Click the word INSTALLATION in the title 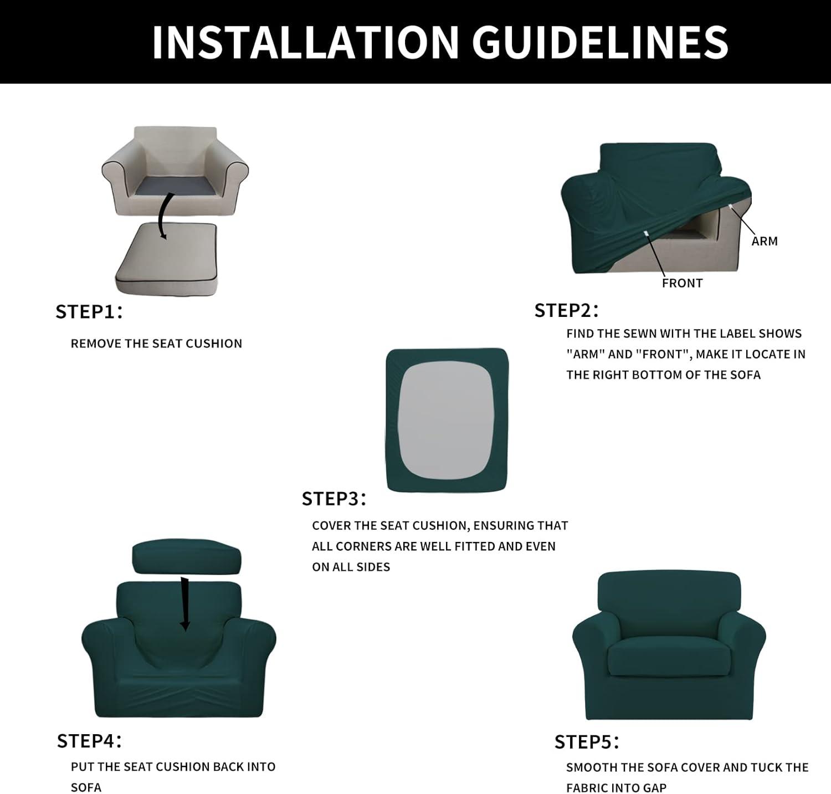pyautogui.click(x=305, y=42)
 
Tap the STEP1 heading pyautogui.click(x=89, y=312)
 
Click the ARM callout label pyautogui.click(x=765, y=241)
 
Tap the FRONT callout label pyautogui.click(x=682, y=283)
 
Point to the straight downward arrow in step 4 pyautogui.click(x=184, y=605)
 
